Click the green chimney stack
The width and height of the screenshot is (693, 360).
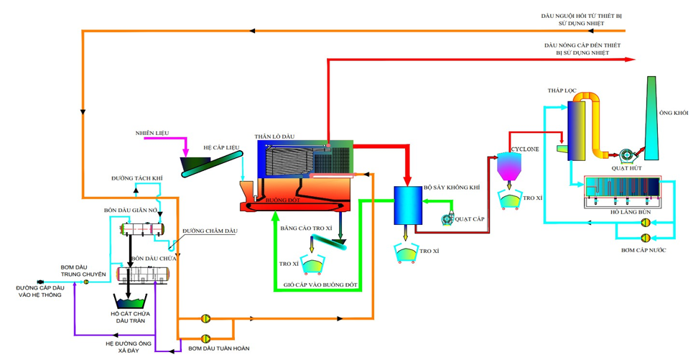(x=651, y=119)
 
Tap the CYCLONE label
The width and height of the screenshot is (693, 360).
(x=522, y=148)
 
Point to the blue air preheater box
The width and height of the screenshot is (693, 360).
(x=407, y=205)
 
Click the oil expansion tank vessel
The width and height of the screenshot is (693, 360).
(x=141, y=229)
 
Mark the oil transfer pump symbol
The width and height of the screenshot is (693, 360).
(x=86, y=282)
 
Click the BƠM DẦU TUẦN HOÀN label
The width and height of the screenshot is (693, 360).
(x=218, y=349)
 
